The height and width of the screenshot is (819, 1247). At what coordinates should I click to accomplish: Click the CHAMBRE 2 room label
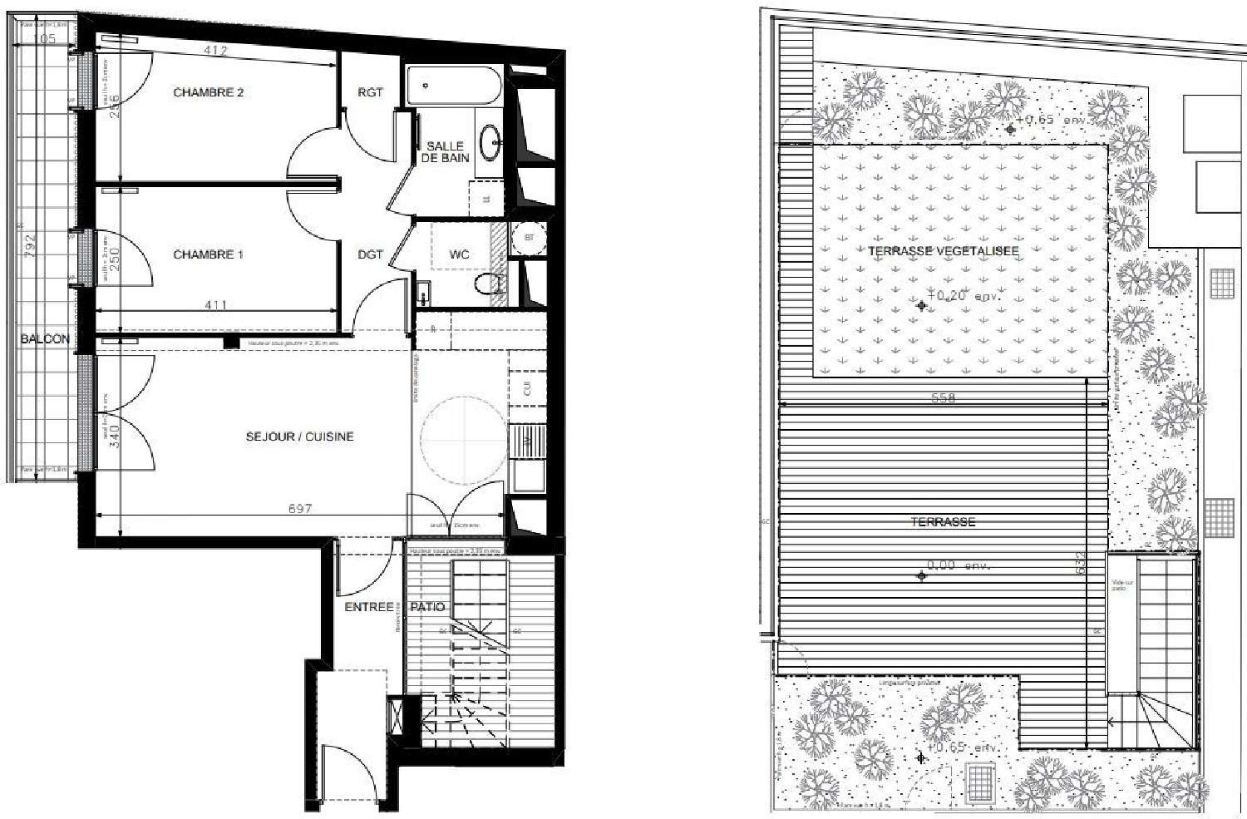click(x=208, y=92)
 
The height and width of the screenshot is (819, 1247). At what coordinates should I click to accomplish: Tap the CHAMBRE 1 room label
click(x=208, y=254)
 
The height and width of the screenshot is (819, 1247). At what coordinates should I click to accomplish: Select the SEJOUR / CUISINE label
click(x=299, y=437)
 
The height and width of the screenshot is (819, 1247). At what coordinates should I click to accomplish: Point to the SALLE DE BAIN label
click(x=445, y=151)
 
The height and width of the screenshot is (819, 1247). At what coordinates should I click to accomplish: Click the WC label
click(x=459, y=254)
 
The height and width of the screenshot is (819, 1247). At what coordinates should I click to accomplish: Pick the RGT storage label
click(x=370, y=92)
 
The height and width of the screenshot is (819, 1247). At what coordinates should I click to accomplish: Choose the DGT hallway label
click(x=370, y=254)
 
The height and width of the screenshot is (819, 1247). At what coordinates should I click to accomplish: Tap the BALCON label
click(x=45, y=338)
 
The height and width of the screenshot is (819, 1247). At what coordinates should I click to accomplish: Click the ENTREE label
click(x=368, y=607)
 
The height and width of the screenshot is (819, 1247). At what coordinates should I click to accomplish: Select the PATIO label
click(x=427, y=607)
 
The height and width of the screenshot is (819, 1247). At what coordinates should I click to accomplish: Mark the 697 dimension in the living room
click(x=299, y=508)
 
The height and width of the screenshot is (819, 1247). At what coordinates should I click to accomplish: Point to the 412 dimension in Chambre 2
click(x=215, y=51)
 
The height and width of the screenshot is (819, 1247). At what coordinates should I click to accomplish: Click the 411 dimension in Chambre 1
click(x=215, y=305)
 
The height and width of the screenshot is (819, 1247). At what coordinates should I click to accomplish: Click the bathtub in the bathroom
click(x=454, y=86)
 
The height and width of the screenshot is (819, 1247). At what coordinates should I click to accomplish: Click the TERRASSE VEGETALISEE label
click(x=943, y=250)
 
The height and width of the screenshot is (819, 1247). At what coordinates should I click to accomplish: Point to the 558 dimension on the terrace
click(x=943, y=398)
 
